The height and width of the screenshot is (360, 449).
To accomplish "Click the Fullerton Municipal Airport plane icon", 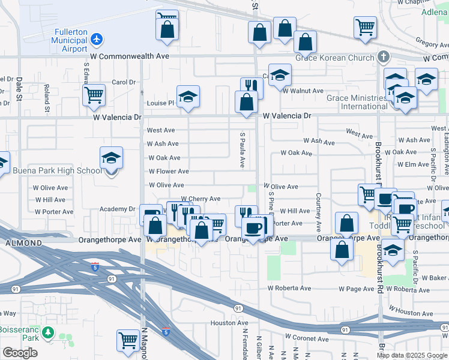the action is [x=97, y=39].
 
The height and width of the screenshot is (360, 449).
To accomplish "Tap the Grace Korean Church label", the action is [x=329, y=58].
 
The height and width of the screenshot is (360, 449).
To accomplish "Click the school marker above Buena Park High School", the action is [x=111, y=158].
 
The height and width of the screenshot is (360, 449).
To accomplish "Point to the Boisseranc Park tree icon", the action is [x=47, y=332].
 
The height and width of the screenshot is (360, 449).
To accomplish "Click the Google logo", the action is [x=20, y=353].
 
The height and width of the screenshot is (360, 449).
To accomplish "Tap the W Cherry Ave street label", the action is [x=200, y=199].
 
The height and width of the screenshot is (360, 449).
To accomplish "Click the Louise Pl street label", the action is [x=160, y=103].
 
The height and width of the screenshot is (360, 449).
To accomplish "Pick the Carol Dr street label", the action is [x=124, y=82].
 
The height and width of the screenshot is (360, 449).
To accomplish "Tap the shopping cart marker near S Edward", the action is [x=94, y=95].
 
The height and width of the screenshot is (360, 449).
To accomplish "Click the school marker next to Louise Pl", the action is [x=188, y=97].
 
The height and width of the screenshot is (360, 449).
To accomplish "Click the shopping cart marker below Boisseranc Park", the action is [x=128, y=341].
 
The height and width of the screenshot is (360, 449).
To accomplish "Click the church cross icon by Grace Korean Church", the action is [x=384, y=58].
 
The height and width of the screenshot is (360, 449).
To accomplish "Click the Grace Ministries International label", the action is [x=357, y=102].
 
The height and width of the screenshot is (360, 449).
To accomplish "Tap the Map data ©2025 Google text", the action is [x=411, y=355].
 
